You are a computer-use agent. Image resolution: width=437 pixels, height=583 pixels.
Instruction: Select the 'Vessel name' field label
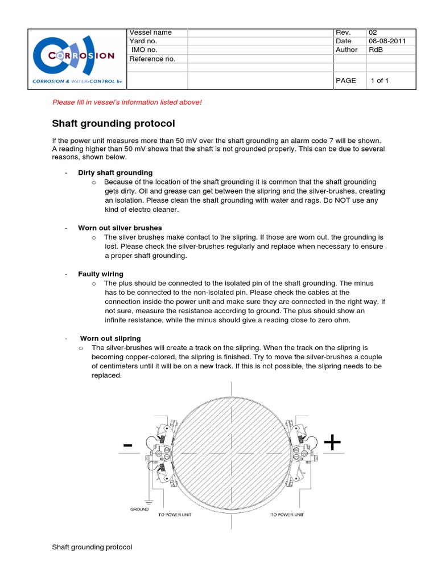[x=151, y=32]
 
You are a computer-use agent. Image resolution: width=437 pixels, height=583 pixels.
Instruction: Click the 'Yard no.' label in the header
[x=143, y=41]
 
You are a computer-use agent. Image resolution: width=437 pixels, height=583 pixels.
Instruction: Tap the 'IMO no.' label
[x=145, y=50]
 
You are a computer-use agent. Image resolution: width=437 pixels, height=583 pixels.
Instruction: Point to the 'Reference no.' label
[x=152, y=59]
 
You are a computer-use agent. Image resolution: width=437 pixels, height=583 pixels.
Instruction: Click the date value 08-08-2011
[x=387, y=41]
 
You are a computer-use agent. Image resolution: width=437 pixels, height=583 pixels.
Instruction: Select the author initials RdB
[x=376, y=50]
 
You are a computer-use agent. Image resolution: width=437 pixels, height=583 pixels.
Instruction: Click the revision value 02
[x=373, y=32]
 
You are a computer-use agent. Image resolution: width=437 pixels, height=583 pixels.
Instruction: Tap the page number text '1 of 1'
[x=380, y=81]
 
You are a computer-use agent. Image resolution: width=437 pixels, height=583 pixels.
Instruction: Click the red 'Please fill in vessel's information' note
[x=127, y=102]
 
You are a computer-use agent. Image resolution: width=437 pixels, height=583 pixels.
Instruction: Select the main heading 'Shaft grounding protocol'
[x=113, y=124]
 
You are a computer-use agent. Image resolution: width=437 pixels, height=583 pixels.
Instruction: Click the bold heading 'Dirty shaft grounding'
[x=115, y=173]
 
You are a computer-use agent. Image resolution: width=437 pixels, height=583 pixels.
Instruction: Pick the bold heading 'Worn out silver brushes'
[x=120, y=228]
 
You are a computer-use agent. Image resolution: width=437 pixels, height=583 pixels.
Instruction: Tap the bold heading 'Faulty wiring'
[x=100, y=274]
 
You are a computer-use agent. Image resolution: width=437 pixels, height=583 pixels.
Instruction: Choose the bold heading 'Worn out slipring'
[x=110, y=339]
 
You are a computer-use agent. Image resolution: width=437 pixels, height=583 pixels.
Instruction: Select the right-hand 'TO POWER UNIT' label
[x=287, y=515]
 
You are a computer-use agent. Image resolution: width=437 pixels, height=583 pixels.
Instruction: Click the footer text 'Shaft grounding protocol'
[x=92, y=547]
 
